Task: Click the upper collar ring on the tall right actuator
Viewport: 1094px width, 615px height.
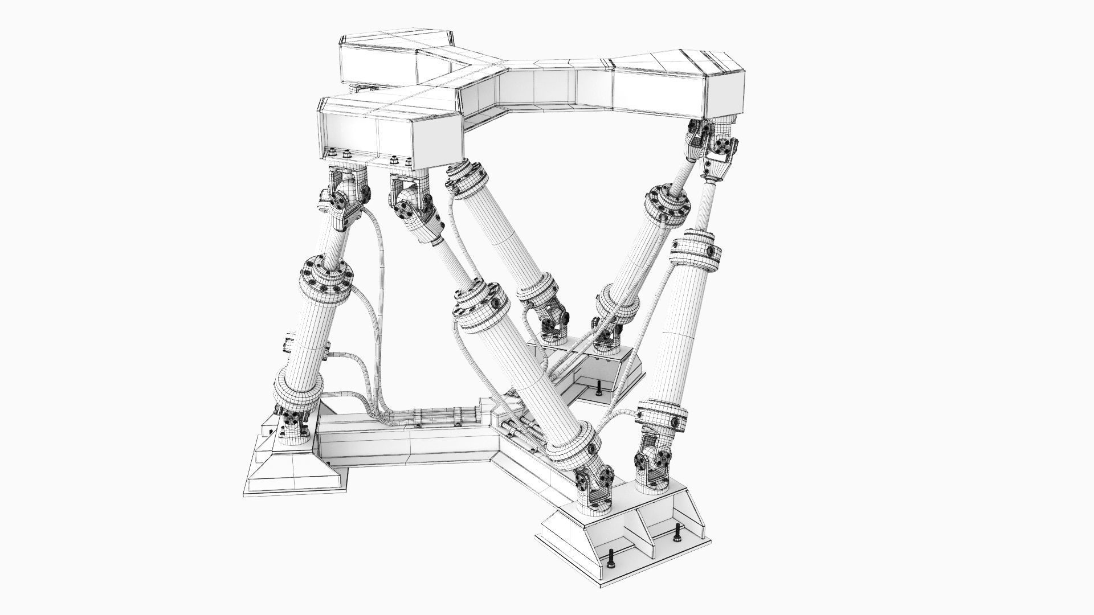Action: click(x=697, y=249)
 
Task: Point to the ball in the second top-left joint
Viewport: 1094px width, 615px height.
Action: click(x=406, y=199)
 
